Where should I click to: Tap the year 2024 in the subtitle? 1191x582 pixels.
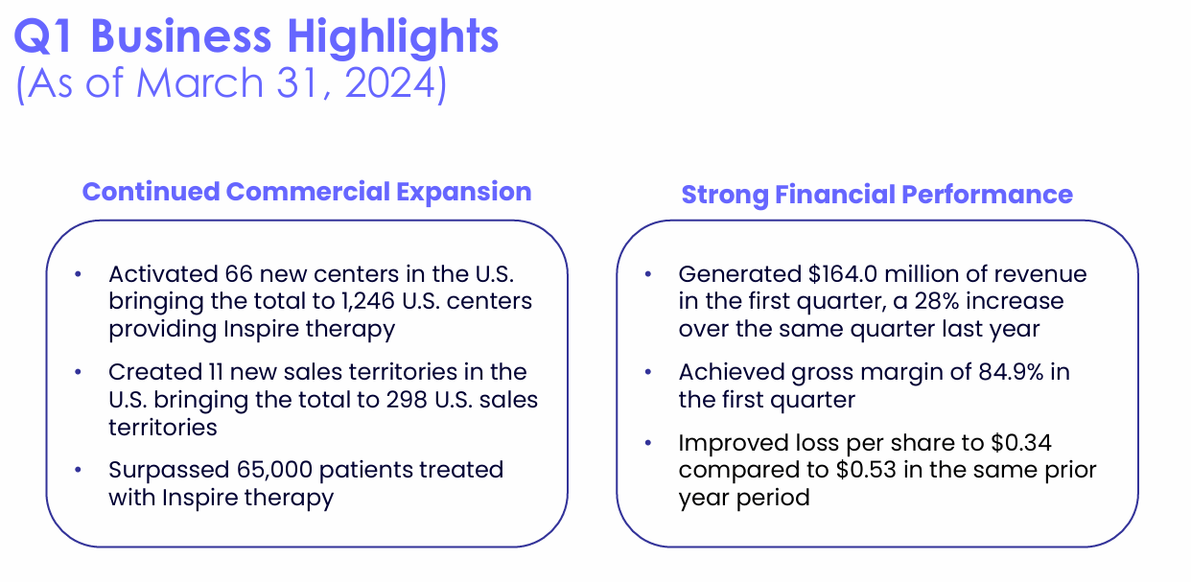tap(390, 83)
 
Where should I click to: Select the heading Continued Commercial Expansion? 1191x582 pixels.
tap(307, 192)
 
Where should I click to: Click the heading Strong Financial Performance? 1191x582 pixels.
tap(876, 195)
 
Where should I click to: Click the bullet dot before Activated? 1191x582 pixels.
tap(79, 275)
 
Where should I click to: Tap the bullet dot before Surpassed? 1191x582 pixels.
tap(79, 471)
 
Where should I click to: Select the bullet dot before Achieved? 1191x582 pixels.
tap(649, 373)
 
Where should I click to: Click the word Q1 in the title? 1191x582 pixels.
tap(46, 36)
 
